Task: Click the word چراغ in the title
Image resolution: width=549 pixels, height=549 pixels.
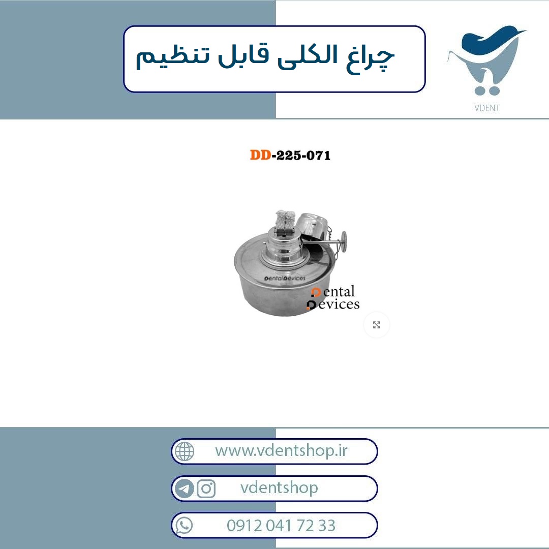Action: pyautogui.click(x=371, y=57)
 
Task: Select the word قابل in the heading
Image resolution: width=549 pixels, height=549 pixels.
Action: pyautogui.click(x=243, y=55)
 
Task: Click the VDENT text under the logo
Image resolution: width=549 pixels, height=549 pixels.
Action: pyautogui.click(x=486, y=108)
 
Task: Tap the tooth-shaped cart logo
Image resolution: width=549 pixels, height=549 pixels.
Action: pyautogui.click(x=486, y=59)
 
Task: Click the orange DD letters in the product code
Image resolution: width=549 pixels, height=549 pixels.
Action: pyautogui.click(x=260, y=155)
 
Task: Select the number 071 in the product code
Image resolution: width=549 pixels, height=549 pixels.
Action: pyautogui.click(x=318, y=155)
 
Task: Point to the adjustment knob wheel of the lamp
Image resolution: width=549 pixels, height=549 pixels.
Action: pyautogui.click(x=344, y=241)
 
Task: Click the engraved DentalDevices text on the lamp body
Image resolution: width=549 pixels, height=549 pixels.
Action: pyautogui.click(x=285, y=279)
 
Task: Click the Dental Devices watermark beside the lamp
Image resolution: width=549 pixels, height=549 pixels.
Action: pyautogui.click(x=333, y=298)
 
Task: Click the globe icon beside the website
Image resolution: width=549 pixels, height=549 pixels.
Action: pyautogui.click(x=185, y=451)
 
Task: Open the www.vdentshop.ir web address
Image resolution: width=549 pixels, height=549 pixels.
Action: pyautogui.click(x=281, y=450)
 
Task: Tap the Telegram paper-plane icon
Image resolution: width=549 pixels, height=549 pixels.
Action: pyautogui.click(x=184, y=489)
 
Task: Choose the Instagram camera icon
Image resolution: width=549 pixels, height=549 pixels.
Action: pyautogui.click(x=206, y=489)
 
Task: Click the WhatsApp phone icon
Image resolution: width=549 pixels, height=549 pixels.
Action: pyautogui.click(x=184, y=526)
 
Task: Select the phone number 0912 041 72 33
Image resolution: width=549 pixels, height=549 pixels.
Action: pyautogui.click(x=281, y=526)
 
